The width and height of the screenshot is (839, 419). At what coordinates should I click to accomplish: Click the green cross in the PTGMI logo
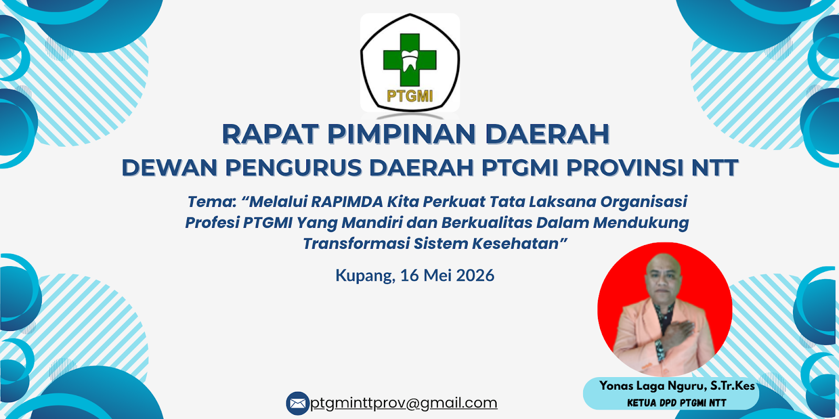click(410, 60)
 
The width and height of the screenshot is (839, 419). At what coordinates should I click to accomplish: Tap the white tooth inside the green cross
click(410, 60)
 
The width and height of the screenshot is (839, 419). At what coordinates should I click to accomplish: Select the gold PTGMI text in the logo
click(410, 96)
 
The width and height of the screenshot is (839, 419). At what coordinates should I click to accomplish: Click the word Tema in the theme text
click(210, 202)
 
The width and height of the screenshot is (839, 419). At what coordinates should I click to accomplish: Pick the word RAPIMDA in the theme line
click(347, 202)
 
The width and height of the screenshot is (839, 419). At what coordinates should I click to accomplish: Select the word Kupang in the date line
click(365, 276)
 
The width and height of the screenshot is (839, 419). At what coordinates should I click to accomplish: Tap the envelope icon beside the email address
click(298, 403)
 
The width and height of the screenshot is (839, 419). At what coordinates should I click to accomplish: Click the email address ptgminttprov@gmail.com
click(404, 403)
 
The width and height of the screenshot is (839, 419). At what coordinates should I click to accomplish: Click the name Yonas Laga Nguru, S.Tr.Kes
click(677, 385)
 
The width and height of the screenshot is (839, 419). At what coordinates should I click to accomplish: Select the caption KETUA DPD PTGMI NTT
click(677, 403)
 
